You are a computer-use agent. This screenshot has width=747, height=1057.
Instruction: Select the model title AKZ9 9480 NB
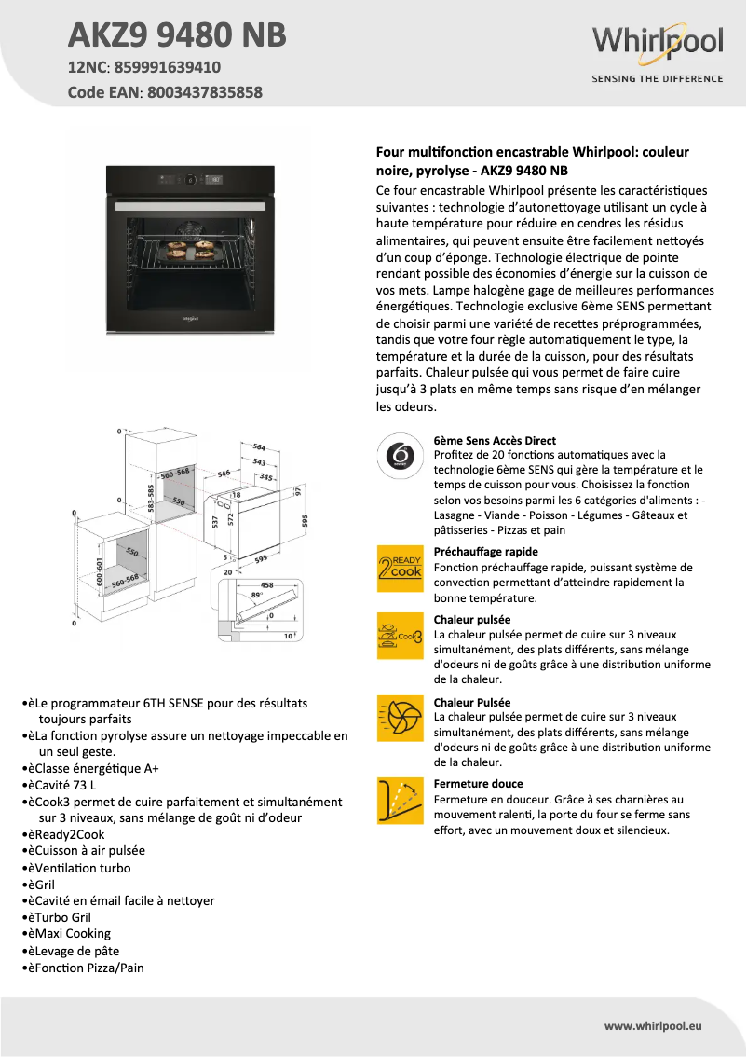177,35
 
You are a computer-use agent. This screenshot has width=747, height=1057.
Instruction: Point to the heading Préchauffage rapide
485,551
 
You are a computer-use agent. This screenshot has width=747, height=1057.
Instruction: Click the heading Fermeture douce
478,784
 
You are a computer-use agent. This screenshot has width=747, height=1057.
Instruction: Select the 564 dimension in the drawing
260,446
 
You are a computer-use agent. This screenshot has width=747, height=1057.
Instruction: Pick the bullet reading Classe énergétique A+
93,768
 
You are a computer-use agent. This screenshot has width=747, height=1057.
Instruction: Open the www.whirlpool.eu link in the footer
653,1025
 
